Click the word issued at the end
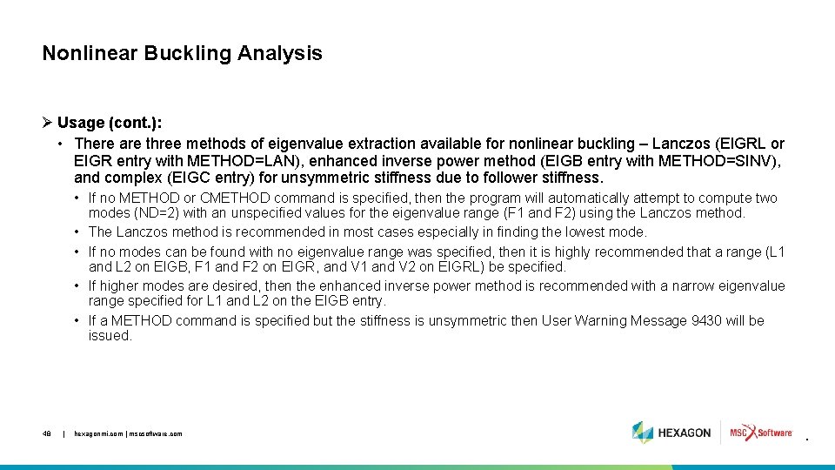pos(110,336)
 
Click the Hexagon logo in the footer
pos(671,433)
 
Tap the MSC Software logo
pos(761,433)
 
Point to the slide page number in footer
pos(47,433)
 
